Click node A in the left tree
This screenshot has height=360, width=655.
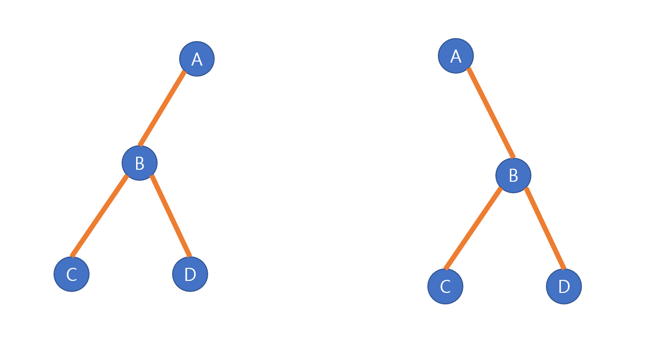point(197,59)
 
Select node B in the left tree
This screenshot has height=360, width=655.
point(140,163)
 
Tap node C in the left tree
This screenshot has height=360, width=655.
point(72,274)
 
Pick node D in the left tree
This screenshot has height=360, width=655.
point(190,274)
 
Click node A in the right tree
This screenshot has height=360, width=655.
point(456,56)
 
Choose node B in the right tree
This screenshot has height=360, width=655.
point(513,175)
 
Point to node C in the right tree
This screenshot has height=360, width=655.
point(445,286)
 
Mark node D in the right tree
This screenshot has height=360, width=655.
point(564,286)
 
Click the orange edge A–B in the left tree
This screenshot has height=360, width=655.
point(163,108)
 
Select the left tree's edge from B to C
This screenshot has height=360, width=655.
point(100,215)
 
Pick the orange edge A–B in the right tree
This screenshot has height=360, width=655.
point(491,113)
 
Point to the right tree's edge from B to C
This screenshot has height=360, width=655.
point(473,228)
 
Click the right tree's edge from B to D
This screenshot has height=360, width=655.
point(545,228)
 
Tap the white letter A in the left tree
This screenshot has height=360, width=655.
point(197,60)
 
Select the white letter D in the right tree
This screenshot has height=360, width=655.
point(564,287)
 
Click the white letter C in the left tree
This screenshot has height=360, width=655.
point(72,274)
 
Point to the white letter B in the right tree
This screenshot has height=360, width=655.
point(513,176)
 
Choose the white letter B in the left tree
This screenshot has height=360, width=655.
point(140,164)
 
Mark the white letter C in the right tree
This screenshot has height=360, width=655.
point(445,287)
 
